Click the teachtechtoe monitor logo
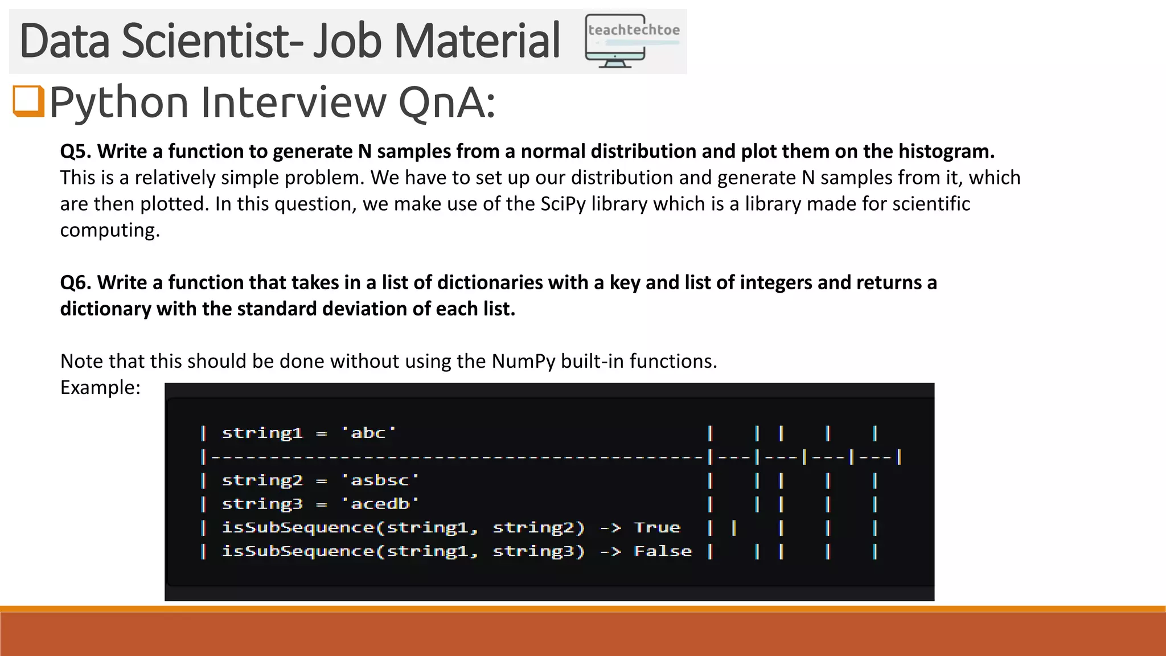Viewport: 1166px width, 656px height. pyautogui.click(x=632, y=41)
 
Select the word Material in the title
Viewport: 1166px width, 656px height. pyautogui.click(x=477, y=41)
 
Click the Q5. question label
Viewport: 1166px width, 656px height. pyautogui.click(x=76, y=151)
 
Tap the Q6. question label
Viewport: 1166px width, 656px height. pyautogui.click(x=76, y=282)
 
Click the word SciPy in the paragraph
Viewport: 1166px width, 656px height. pyautogui.click(x=563, y=204)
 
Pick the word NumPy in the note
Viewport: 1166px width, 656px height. pyautogui.click(x=523, y=361)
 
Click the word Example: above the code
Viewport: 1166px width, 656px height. pyautogui.click(x=100, y=387)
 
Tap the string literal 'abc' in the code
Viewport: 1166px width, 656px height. pyautogui.click(x=368, y=433)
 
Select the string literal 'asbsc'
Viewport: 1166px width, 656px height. pyautogui.click(x=380, y=481)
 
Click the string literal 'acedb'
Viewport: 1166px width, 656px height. pyautogui.click(x=380, y=504)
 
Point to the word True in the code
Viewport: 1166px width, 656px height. pyautogui.click(x=657, y=528)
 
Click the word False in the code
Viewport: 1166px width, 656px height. pyautogui.click(x=663, y=551)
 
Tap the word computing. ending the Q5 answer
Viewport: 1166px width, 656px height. pyautogui.click(x=110, y=230)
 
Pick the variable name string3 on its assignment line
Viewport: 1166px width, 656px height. pyautogui.click(x=262, y=504)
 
